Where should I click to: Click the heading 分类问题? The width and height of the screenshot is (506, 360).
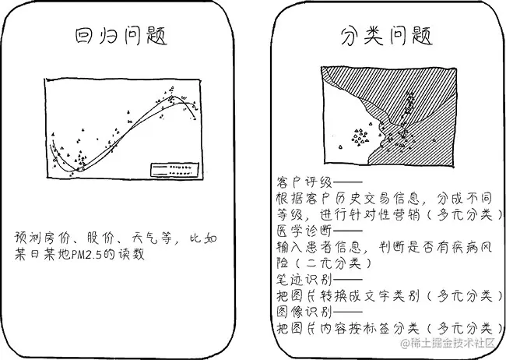point(386,36)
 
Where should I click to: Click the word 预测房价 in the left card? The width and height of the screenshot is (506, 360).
point(42,237)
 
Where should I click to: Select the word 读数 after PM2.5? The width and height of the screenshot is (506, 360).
point(129,254)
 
